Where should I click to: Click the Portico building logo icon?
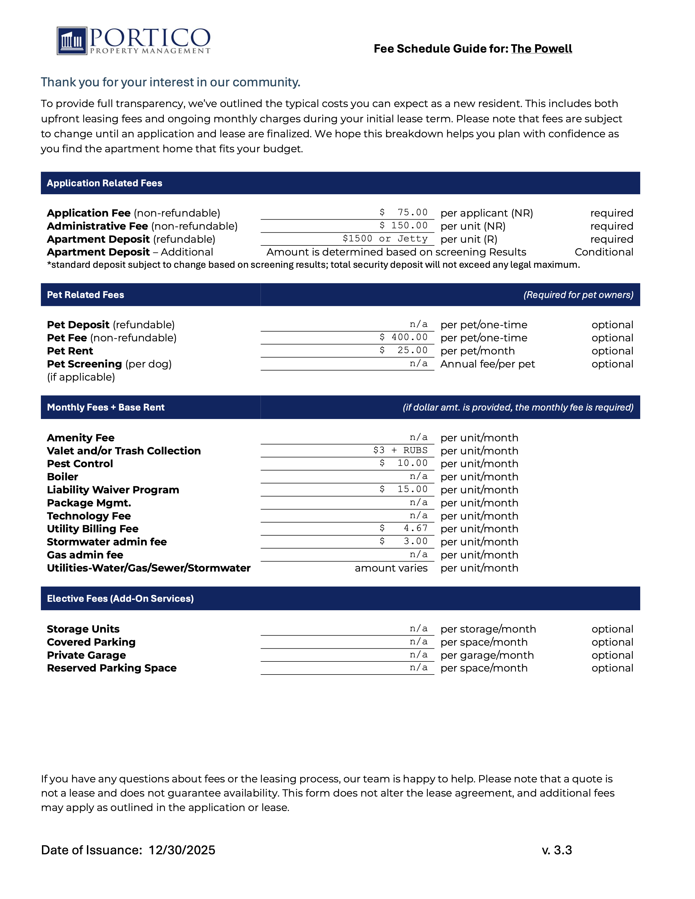pyautogui.click(x=72, y=41)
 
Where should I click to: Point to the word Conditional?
pyautogui.click(x=604, y=252)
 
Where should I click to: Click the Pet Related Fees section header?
pyautogui.click(x=85, y=295)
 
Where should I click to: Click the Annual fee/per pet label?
pyautogui.click(x=488, y=364)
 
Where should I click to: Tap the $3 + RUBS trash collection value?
pyautogui.click(x=400, y=450)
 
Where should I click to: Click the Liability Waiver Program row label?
pyautogui.click(x=113, y=490)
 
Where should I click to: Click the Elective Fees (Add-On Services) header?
pyautogui.click(x=120, y=599)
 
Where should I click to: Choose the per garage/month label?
pyautogui.click(x=487, y=655)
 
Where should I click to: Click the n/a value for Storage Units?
pyautogui.click(x=418, y=628)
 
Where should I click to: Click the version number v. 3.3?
pyautogui.click(x=557, y=850)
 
